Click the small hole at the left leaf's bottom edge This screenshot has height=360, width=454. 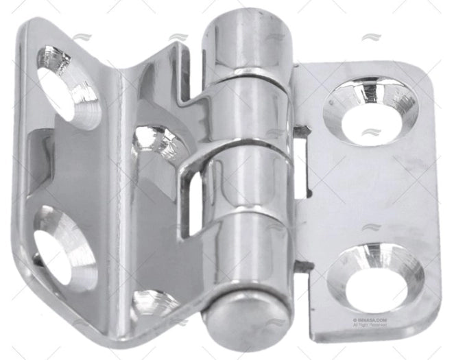[154, 302]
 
